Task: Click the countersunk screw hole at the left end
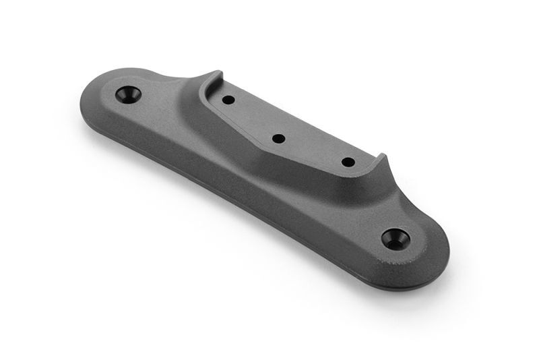point(128,94)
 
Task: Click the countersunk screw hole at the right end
point(394,237)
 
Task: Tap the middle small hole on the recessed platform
point(278,139)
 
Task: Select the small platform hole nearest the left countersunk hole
point(228,100)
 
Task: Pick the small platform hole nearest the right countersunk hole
point(348,162)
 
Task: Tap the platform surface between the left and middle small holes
point(253,119)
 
